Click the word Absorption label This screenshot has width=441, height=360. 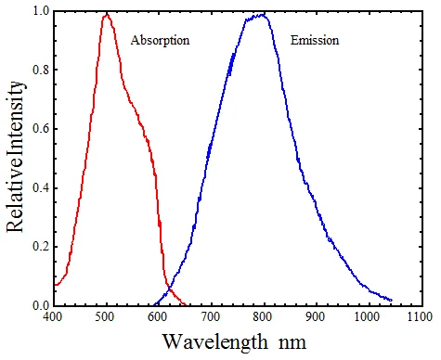(x=160, y=43)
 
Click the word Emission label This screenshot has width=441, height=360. (x=315, y=43)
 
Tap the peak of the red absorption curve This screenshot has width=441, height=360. (x=106, y=14)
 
